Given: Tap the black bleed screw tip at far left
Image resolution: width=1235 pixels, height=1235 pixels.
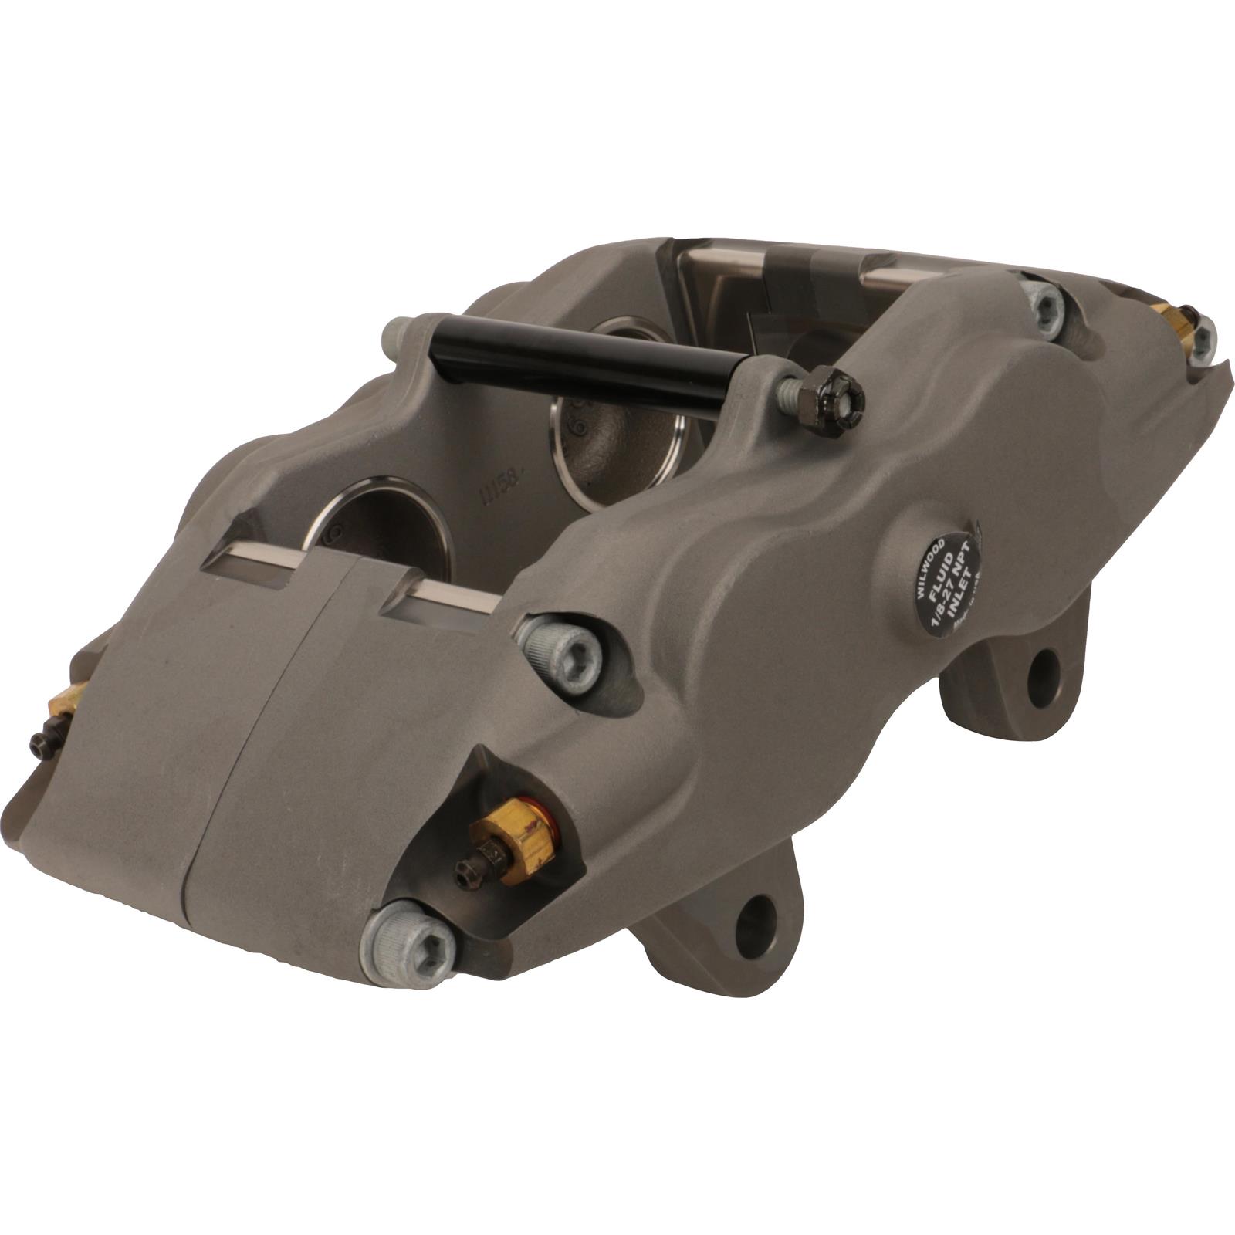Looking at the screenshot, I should [x=40, y=741].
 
